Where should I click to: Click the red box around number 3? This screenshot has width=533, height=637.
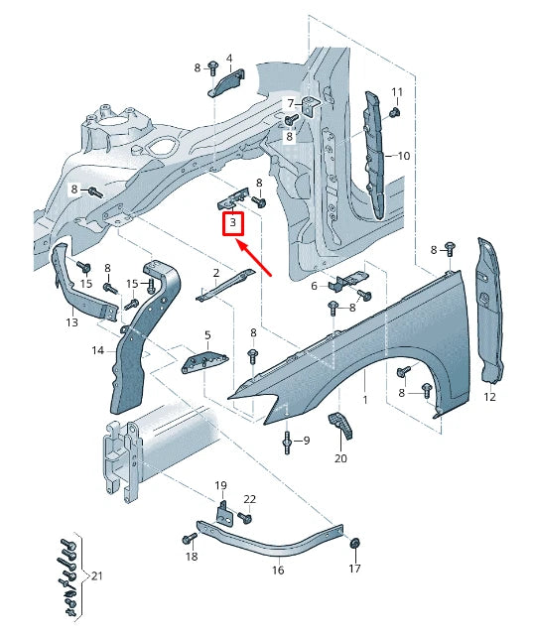tap(232, 224)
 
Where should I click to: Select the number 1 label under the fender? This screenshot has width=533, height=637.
tap(364, 399)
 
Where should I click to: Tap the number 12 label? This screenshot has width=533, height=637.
tap(490, 397)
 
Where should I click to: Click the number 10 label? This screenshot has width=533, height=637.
tap(403, 156)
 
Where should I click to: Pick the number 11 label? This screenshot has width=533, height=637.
tap(396, 92)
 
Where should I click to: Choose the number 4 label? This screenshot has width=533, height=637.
tap(229, 58)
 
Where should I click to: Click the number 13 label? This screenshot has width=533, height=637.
tap(71, 322)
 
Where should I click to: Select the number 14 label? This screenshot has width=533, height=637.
tap(98, 350)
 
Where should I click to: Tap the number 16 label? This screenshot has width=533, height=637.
tap(278, 571)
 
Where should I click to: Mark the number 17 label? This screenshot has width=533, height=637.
tap(355, 570)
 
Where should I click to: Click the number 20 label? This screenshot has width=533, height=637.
tap(340, 458)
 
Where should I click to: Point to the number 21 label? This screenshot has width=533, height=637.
tap(96, 575)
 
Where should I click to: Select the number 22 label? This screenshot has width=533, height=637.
tap(249, 499)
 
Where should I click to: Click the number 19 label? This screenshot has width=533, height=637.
tap(221, 485)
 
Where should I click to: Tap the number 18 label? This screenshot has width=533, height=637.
tap(192, 559)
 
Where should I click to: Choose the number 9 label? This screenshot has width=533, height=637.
tap(306, 440)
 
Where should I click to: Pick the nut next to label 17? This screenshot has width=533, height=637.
tap(355, 543)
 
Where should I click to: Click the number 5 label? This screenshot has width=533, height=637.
tap(207, 335)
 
